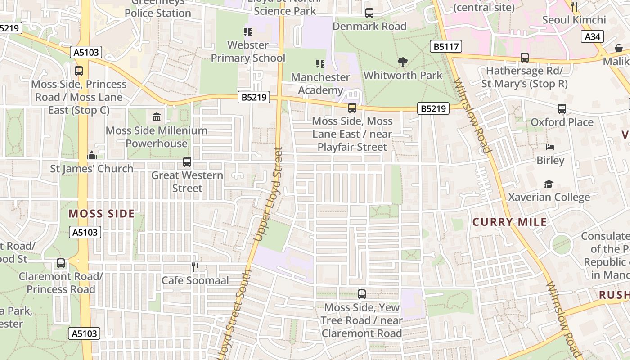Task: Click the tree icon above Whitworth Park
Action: pos(403,62)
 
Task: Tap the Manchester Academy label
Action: pos(320,84)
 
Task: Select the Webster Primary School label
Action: pos(248,51)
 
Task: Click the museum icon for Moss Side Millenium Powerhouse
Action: pos(157,117)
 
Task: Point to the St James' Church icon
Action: pos(92,156)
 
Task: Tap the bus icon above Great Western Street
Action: pos(187,162)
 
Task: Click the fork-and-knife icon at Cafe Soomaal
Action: pos(195,267)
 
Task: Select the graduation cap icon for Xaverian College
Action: pos(549,184)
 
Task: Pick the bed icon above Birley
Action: pos(550,147)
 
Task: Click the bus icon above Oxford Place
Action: pos(562,109)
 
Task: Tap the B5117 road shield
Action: pos(445,46)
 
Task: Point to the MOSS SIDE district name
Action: pos(102,214)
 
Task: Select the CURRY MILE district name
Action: pos(509,222)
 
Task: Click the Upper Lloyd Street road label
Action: pos(268,193)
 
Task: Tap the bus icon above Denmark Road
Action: pos(369,13)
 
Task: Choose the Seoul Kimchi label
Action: pos(574,20)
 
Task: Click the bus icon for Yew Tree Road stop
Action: pos(362,294)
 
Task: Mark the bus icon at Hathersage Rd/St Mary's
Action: pos(525,58)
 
